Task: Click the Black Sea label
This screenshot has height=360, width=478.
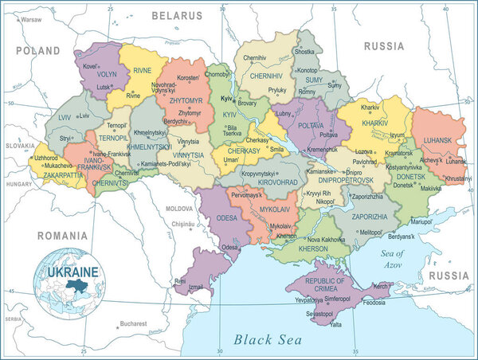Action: tap(268, 339)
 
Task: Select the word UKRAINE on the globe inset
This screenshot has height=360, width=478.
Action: tap(72, 272)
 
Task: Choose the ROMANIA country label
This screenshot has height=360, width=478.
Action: tap(61, 236)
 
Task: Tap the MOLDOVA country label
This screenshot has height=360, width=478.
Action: tap(179, 208)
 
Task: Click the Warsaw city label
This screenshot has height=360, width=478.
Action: tap(32, 18)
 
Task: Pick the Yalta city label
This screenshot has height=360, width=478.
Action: tap(336, 324)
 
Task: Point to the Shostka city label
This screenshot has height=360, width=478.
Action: tap(304, 52)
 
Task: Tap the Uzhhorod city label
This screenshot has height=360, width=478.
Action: tap(45, 158)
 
